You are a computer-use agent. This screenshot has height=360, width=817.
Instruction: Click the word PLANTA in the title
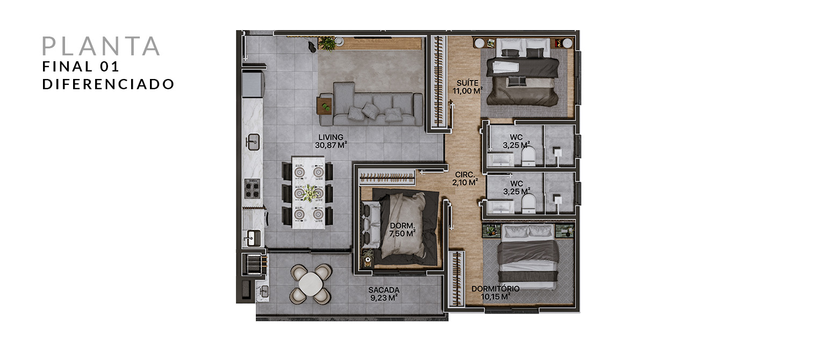[101, 46]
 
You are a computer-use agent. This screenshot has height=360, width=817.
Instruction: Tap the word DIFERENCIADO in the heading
[109, 84]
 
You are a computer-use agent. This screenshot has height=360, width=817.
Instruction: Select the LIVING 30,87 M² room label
[331, 141]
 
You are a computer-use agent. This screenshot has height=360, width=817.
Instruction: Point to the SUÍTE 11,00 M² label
[468, 87]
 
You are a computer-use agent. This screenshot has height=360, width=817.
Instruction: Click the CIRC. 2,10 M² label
[465, 179]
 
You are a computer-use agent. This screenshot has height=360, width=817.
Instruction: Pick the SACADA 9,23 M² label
[384, 294]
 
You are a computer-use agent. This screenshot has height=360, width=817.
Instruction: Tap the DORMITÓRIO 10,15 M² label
[496, 293]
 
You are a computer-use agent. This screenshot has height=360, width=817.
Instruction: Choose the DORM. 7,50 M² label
[402, 230]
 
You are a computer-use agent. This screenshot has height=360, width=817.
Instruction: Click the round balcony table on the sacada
[310, 284]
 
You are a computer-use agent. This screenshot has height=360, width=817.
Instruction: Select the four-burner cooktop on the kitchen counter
[252, 188]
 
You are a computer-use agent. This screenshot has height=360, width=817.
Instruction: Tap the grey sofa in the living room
[378, 104]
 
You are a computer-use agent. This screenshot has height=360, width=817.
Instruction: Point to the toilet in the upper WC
[528, 157]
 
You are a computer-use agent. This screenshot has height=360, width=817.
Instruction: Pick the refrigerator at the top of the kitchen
[253, 84]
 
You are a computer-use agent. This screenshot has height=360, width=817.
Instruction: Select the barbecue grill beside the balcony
[254, 264]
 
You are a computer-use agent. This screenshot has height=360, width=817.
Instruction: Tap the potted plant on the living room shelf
[327, 44]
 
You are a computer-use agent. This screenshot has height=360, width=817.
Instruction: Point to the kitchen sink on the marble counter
[253, 142]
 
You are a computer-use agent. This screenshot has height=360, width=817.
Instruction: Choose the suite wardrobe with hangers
[438, 82]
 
